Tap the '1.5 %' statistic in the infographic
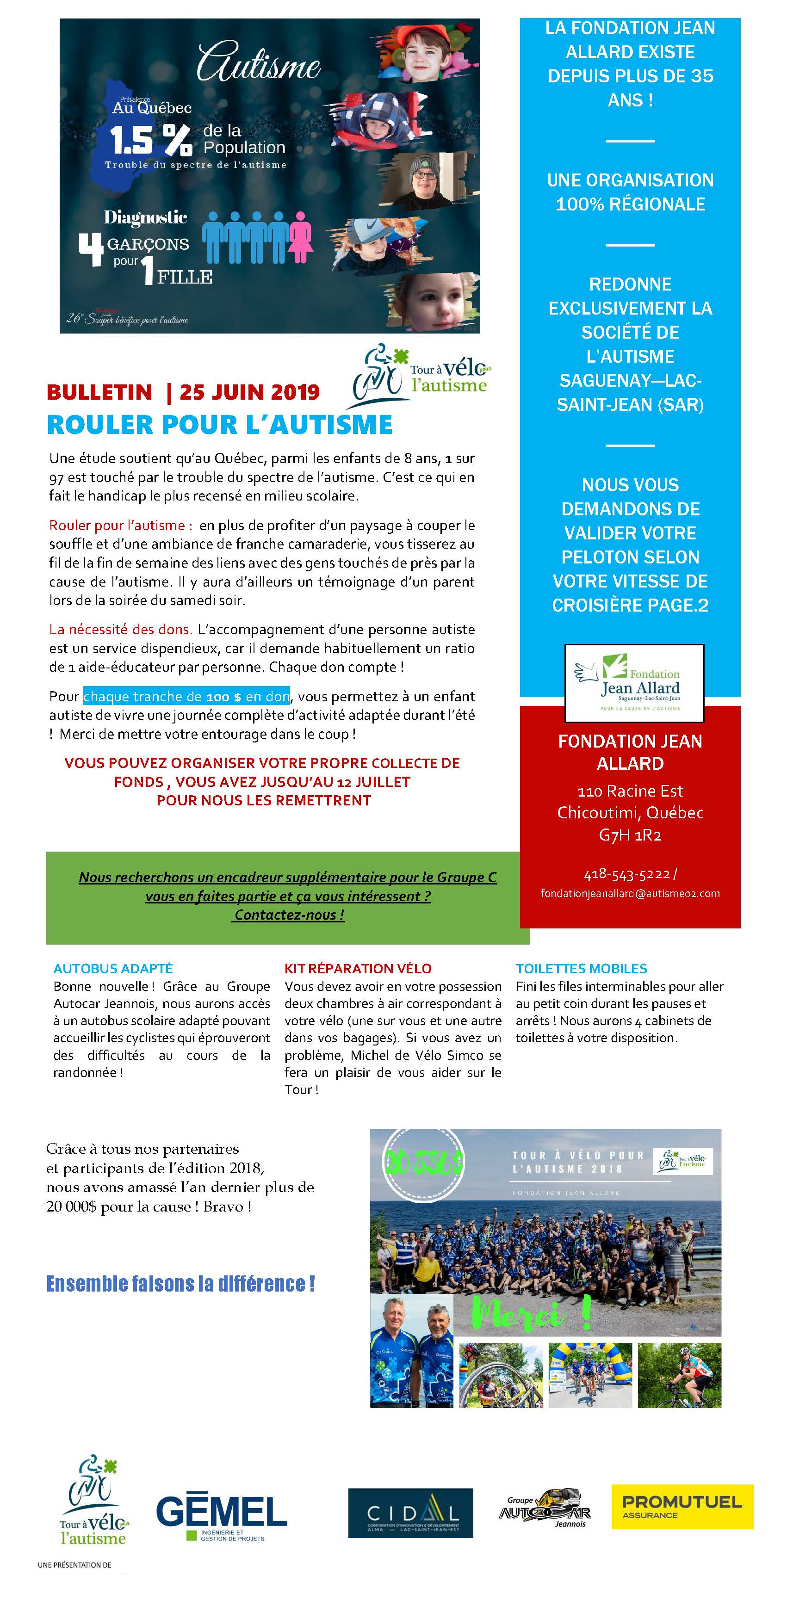[x=151, y=140]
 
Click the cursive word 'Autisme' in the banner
[x=258, y=62]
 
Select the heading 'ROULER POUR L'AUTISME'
[x=219, y=425]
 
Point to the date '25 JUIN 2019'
[x=249, y=392]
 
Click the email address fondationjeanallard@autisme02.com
[x=630, y=893]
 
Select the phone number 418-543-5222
[x=626, y=873]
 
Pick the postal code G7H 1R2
[x=630, y=835]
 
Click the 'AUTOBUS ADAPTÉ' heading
[x=113, y=968]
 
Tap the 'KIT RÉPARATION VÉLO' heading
[x=358, y=968]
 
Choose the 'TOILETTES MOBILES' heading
[x=581, y=968]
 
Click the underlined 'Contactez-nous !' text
[x=289, y=915]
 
